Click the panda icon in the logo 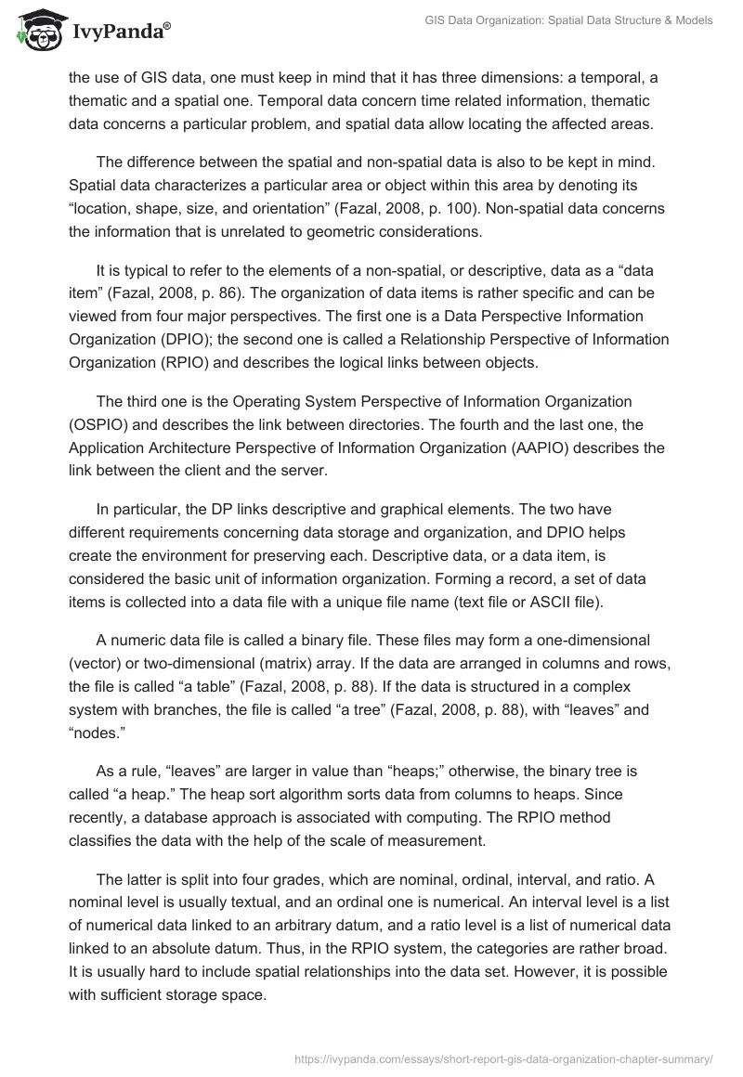[x=36, y=30]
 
